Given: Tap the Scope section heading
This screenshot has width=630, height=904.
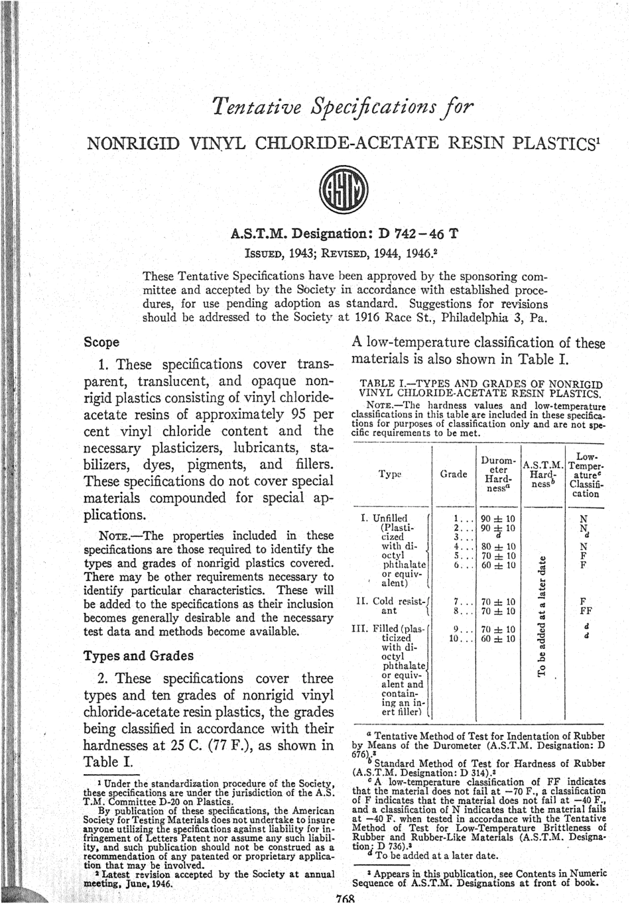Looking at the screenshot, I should (101, 343).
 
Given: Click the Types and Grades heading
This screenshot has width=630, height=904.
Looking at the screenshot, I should (139, 656).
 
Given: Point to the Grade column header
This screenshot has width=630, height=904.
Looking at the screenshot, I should (454, 474).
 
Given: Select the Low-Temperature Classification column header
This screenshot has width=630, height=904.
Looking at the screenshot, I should (585, 475).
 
